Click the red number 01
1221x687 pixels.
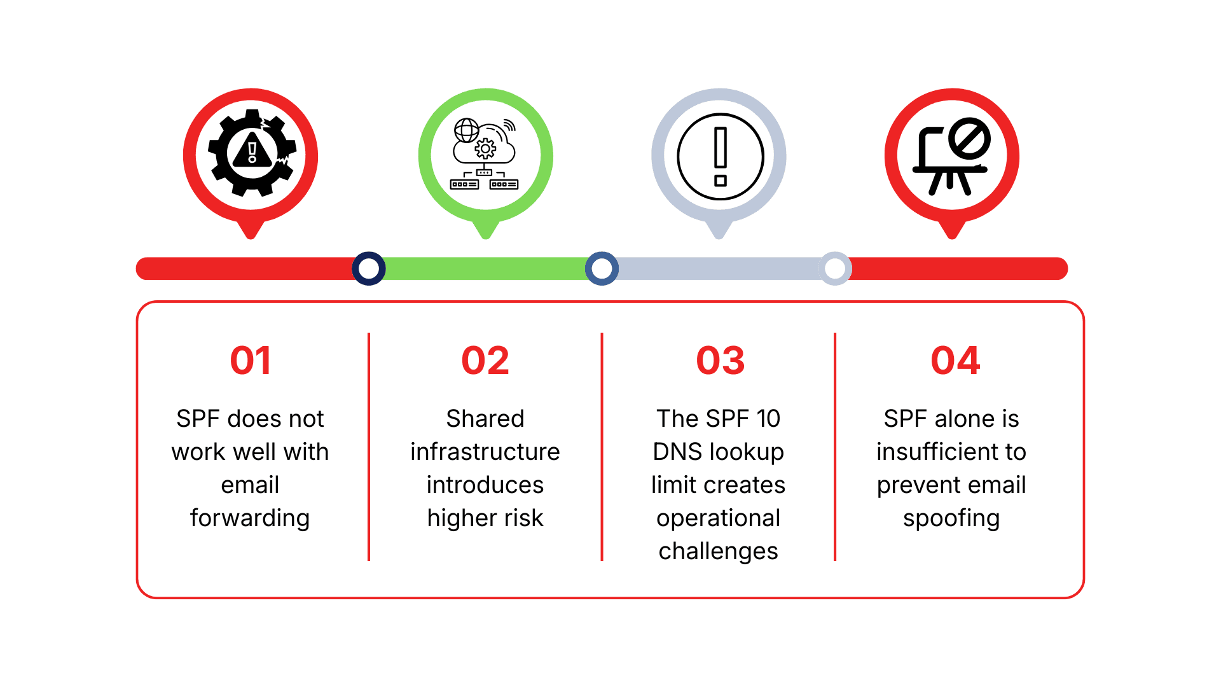tap(251, 360)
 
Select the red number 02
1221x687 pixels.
tap(485, 360)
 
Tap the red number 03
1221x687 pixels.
tap(720, 360)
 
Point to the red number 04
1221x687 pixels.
tap(955, 360)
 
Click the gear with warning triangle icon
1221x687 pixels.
tap(252, 153)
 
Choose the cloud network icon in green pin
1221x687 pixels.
tap(485, 154)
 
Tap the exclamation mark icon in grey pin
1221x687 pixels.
tap(720, 156)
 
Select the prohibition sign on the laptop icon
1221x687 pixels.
tap(969, 139)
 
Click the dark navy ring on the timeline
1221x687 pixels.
tap(369, 268)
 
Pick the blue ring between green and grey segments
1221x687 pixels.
tap(602, 268)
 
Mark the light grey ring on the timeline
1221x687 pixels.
tap(835, 268)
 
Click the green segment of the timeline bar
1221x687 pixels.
tap(485, 268)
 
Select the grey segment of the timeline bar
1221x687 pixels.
tap(719, 268)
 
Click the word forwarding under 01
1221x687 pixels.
tap(250, 518)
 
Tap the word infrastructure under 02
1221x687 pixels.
tap(485, 452)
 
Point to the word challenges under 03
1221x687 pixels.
tap(719, 551)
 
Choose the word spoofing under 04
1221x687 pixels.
tap(951, 518)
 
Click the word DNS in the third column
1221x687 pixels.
tap(678, 452)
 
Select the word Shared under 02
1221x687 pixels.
tap(485, 419)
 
